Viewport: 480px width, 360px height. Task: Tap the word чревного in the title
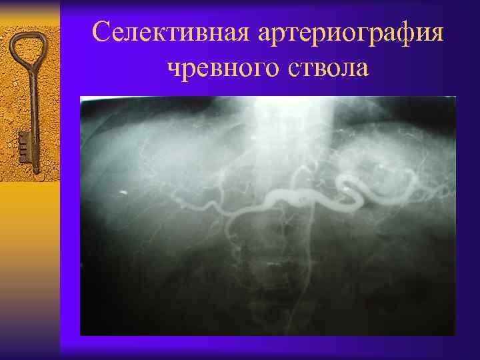coord(225,67)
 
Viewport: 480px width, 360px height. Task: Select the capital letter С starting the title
coord(101,31)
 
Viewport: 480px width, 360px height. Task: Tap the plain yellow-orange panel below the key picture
coord(30,267)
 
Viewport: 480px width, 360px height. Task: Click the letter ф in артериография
coord(403,33)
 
